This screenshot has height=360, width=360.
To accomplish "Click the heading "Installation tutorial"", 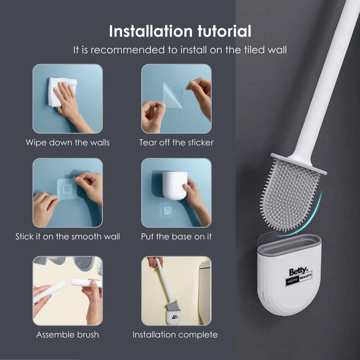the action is tap(180, 31).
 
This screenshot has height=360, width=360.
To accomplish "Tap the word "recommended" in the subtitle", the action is tap(128, 50).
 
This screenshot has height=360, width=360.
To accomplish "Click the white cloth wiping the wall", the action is tap(62, 92).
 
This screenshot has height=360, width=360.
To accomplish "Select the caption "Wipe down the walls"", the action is tap(68, 142).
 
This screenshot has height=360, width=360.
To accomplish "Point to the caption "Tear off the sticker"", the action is tap(176, 142).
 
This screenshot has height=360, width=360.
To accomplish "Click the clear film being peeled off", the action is tap(172, 96).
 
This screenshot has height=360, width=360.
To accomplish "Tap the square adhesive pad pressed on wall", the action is tap(67, 189).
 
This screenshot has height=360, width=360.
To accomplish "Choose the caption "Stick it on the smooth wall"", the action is tap(68, 237).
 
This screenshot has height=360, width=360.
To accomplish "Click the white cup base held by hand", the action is tap(174, 185).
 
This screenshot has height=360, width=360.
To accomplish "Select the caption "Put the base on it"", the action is tap(176, 237).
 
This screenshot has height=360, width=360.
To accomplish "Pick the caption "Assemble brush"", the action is tap(68, 335).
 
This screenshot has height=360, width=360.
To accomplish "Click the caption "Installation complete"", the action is tap(175, 335).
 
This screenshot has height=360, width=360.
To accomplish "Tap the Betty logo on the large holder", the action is tap(298, 276).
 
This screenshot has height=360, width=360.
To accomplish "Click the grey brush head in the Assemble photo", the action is tap(84, 263).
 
